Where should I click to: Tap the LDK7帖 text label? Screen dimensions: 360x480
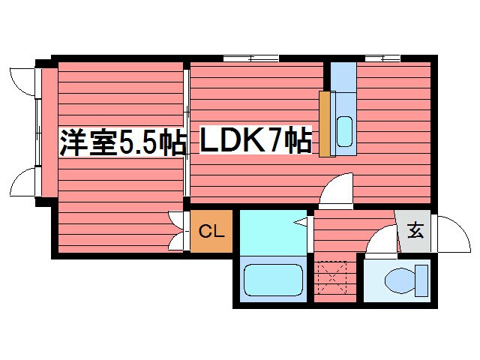tap(255, 140)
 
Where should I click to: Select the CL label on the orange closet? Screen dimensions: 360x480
tap(211, 233)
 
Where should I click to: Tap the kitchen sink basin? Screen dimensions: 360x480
tap(344, 132)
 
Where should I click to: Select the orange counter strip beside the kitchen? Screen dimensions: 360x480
tap(325, 124)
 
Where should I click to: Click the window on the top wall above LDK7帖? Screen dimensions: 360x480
tap(250, 58)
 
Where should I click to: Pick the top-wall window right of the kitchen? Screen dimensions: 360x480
tap(382, 58)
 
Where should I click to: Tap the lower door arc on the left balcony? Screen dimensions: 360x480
tap(23, 182)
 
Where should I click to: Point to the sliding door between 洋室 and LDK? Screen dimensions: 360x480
tap(186, 135)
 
